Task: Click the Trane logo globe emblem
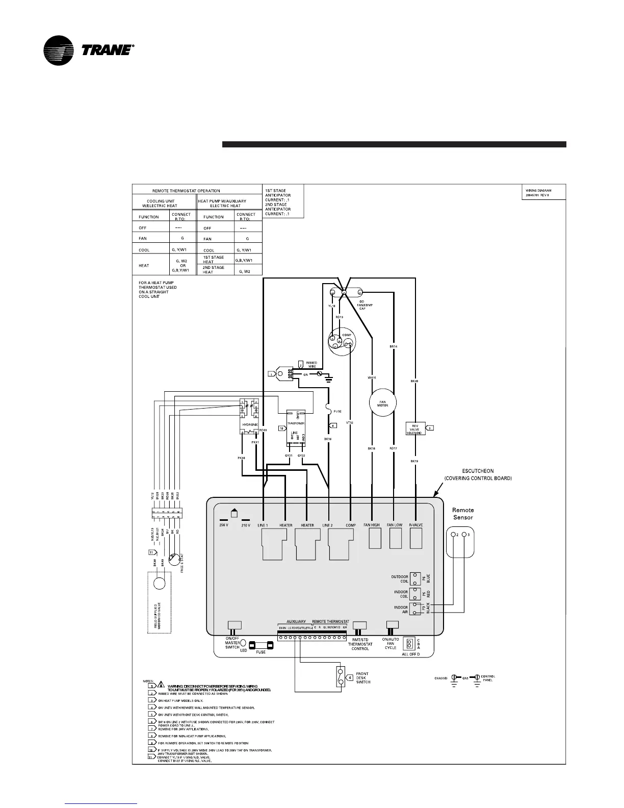[60, 51]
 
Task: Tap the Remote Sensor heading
[463, 513]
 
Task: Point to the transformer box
[296, 423]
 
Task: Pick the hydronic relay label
[250, 424]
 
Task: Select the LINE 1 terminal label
[263, 525]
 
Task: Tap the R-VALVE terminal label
[416, 525]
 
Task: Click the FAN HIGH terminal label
[372, 525]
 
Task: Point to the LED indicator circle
[243, 643]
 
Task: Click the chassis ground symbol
[453, 679]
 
